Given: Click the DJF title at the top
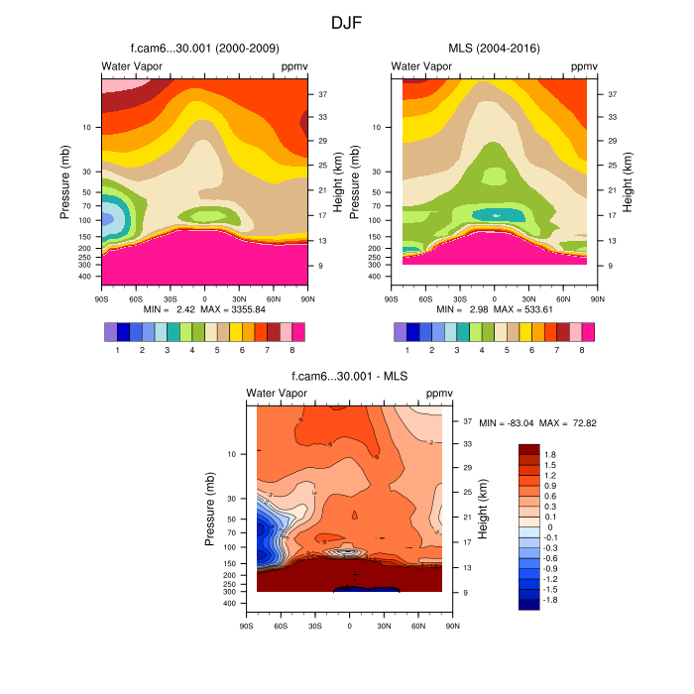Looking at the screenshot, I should coord(347,21).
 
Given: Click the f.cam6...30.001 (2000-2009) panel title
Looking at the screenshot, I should coord(204,49).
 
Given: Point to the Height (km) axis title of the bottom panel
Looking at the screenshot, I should coord(483,505).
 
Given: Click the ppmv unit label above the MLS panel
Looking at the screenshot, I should coord(584,66).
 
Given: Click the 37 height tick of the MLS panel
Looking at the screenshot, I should coord(614,94).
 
